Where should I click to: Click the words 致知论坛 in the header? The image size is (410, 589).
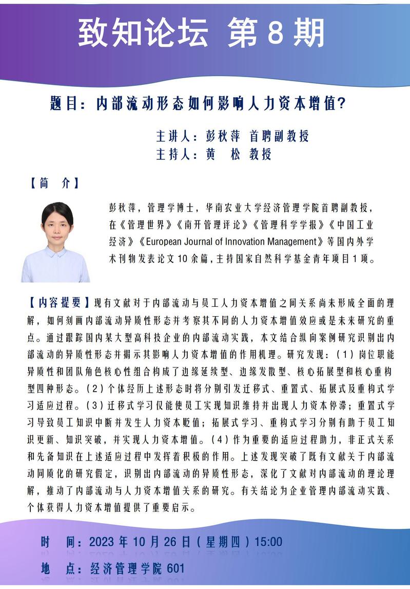coord(143,33)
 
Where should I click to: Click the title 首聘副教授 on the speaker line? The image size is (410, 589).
coord(279,136)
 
